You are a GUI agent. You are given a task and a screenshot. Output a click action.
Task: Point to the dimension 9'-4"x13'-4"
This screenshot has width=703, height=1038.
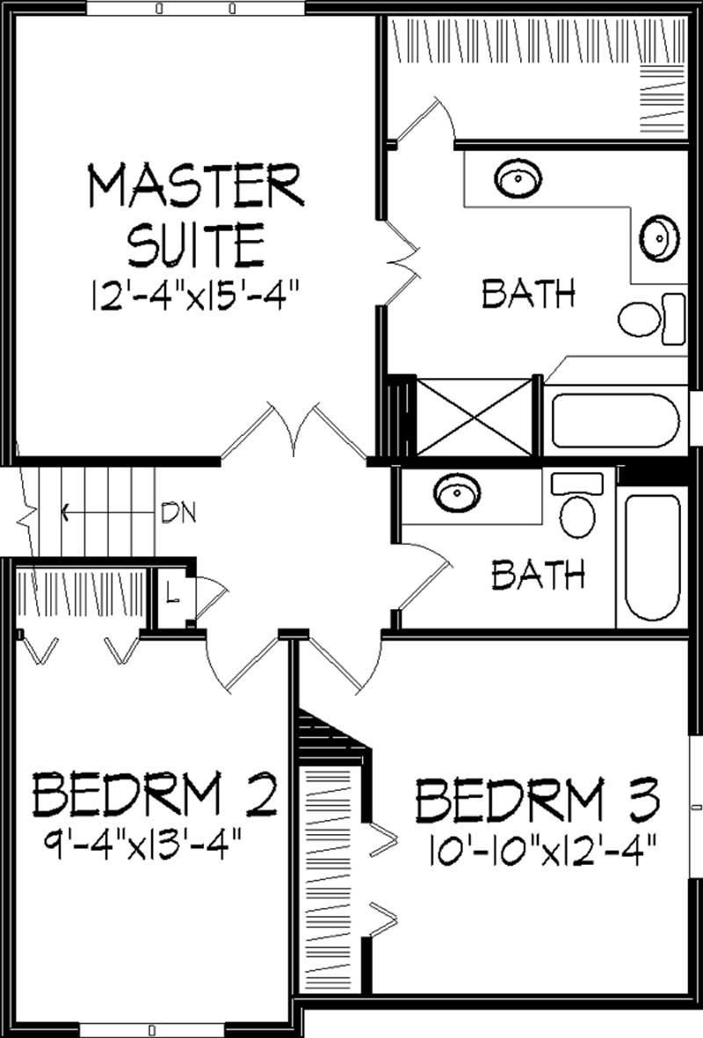coord(146,849)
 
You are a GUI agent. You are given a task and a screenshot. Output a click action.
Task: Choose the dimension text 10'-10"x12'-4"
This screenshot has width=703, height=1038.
coord(544,850)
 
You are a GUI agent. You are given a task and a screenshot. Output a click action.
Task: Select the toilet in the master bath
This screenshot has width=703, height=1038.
coord(651,318)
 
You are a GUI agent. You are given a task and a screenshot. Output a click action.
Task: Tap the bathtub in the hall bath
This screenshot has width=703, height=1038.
coord(652,557)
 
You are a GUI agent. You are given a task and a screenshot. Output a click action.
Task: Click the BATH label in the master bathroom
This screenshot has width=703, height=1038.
coord(528,294)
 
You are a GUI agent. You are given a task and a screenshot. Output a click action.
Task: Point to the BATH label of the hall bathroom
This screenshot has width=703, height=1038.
coord(538,576)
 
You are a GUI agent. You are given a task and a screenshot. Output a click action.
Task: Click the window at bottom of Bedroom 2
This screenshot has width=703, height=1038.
coord(151,1029)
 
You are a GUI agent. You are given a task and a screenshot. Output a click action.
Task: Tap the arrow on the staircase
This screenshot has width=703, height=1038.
coord(66,510)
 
